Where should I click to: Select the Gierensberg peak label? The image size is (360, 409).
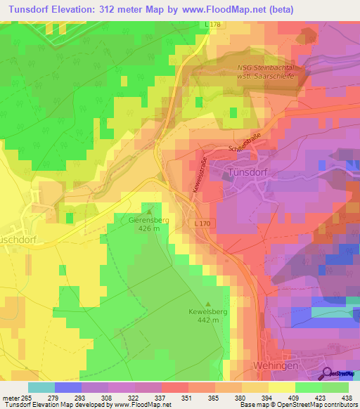click(x=149, y=219)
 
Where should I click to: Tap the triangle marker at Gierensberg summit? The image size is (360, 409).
click(x=149, y=209)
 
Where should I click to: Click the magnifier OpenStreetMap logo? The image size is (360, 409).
click(x=328, y=372)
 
